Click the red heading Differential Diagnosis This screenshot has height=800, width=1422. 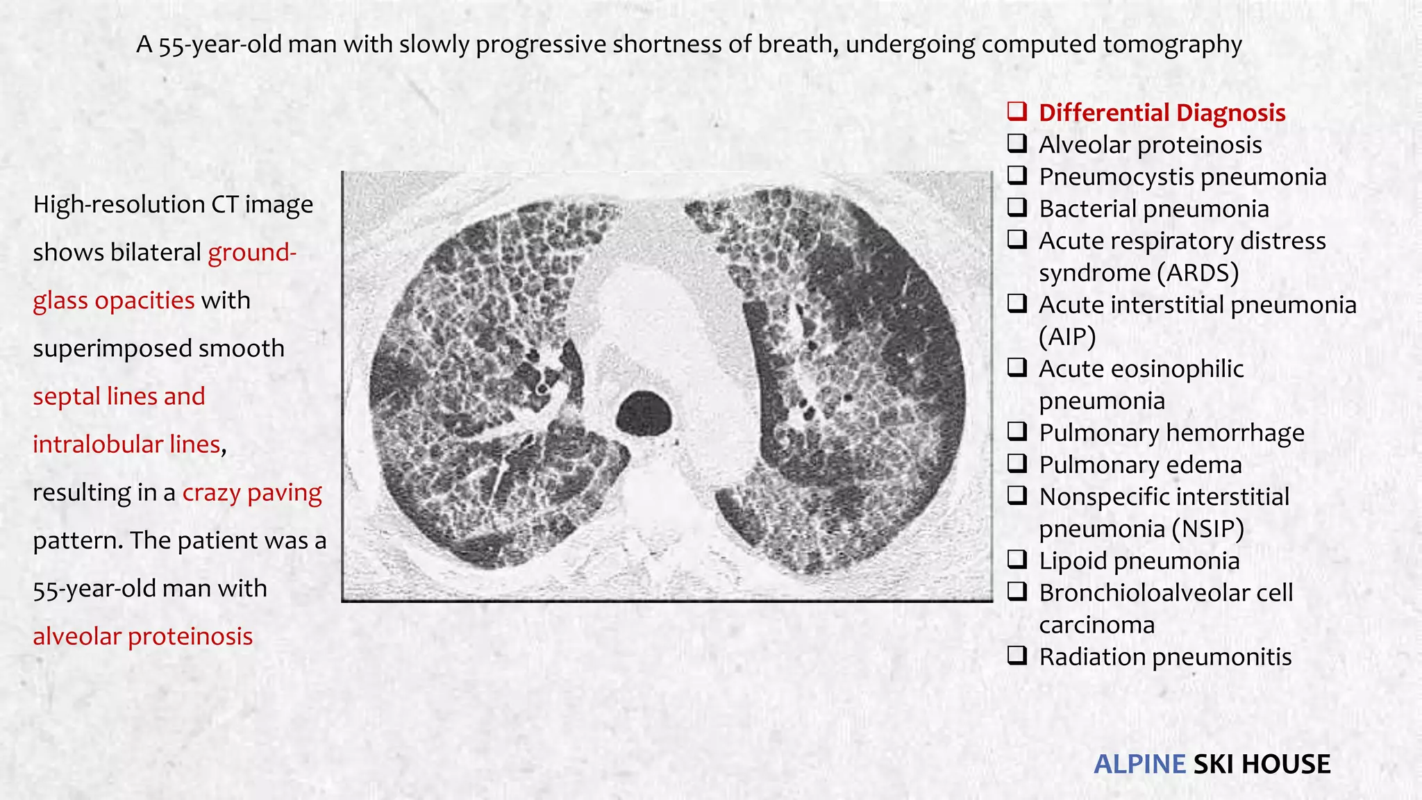[1162, 112]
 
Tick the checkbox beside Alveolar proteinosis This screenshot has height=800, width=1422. [1018, 144]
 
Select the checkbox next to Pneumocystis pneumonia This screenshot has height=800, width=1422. [1018, 176]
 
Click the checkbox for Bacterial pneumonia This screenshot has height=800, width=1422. [1018, 208]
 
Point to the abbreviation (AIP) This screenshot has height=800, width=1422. [1067, 337]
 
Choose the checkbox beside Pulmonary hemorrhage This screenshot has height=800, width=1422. [1018, 432]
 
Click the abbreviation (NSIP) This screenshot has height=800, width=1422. [1207, 528]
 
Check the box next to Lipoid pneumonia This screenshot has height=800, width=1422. [1018, 560]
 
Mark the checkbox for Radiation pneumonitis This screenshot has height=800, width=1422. [1018, 656]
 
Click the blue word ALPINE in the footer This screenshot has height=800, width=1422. [1139, 764]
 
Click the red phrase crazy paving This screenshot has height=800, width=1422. [252, 492]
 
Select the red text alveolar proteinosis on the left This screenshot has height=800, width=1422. [143, 636]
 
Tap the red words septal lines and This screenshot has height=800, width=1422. [119, 397]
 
